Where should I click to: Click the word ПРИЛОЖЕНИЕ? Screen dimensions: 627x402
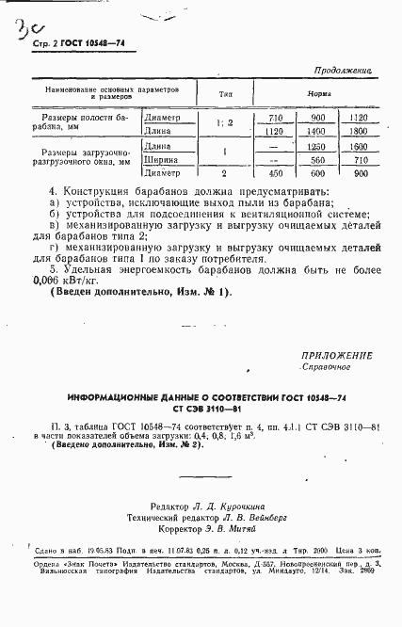336,355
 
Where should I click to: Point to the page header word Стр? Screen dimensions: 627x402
40,44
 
